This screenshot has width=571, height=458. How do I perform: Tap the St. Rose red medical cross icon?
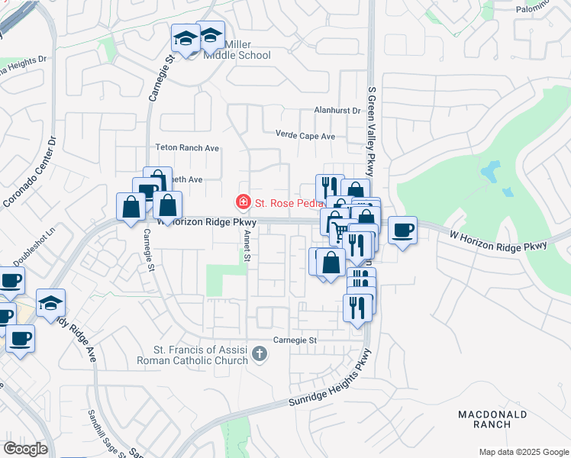[244, 202]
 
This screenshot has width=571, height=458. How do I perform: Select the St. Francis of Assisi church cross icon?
[260, 353]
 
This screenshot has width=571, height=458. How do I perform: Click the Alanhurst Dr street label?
[337, 111]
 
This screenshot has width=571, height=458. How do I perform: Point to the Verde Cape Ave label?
[305, 136]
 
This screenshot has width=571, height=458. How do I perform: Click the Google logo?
[25, 449]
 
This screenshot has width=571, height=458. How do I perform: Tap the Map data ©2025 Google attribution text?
[523, 452]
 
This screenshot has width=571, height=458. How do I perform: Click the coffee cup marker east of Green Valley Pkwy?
[402, 229]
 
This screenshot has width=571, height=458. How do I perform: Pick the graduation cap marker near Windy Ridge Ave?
[50, 304]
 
